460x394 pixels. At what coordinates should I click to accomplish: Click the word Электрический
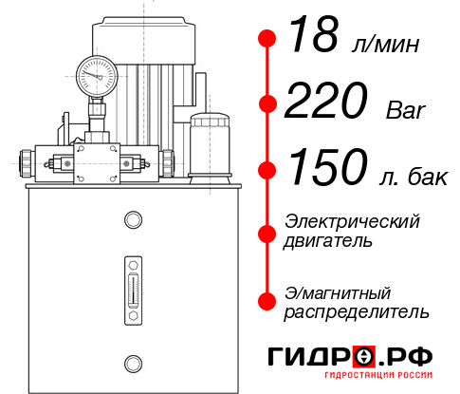coord(352,221)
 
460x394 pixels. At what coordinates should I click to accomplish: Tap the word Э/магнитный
coord(338,291)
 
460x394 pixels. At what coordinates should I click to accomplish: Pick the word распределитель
coord(357,310)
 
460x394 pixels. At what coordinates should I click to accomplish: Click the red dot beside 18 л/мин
coord(267,39)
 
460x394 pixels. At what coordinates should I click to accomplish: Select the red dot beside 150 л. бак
coord(267,170)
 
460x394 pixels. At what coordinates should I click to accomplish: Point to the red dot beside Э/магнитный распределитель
coord(267,300)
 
